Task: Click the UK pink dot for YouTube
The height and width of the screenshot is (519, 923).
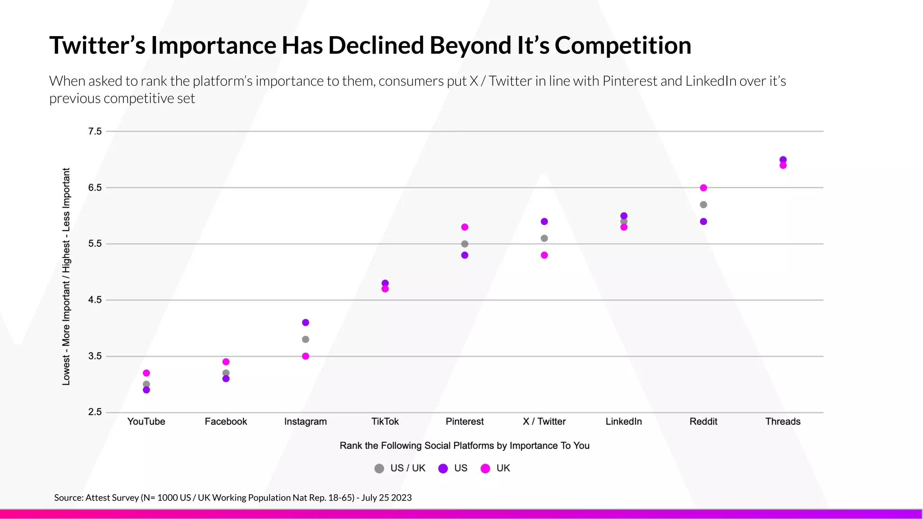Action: pos(146,373)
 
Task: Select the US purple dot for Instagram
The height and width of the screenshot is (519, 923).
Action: pos(306,323)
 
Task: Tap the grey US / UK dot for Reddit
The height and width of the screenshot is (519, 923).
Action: pos(704,205)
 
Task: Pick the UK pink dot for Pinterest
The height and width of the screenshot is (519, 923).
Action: pos(465,227)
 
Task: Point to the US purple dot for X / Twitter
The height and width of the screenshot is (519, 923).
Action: pos(544,222)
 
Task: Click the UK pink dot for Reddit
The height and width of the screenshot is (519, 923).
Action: pos(704,188)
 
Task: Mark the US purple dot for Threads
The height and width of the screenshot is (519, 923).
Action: pos(783,160)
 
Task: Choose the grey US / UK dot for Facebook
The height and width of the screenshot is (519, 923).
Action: pos(226,373)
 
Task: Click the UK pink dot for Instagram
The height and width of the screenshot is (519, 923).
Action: pos(306,356)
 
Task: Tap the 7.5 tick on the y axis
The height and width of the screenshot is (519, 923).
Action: pos(95,132)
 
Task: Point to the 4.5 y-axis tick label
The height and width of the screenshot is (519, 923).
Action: pos(95,300)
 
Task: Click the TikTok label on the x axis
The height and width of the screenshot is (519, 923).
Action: pos(385,422)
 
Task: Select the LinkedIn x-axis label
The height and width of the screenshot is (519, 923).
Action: pos(624,422)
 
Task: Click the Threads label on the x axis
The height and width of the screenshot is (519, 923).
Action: pos(783,422)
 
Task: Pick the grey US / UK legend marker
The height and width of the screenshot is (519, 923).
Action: pos(379,469)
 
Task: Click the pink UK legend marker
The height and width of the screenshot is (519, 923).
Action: pos(485,469)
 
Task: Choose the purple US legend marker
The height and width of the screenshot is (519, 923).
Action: pos(443,469)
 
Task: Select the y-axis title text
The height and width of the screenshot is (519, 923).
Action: pos(66,277)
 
